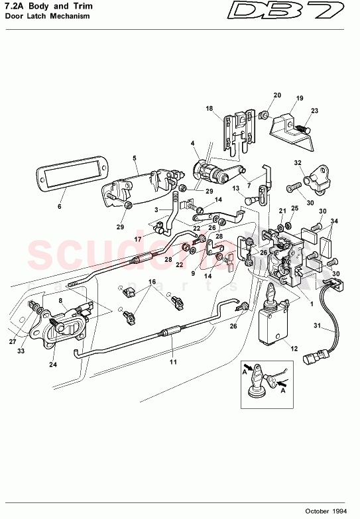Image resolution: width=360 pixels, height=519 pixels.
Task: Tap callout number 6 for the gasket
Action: [58, 207]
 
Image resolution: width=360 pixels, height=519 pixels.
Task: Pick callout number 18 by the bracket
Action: [209, 108]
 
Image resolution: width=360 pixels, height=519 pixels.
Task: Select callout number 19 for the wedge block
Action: [299, 98]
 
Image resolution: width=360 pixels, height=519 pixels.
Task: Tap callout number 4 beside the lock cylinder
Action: [193, 143]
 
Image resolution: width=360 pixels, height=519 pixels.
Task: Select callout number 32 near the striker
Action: [298, 162]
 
